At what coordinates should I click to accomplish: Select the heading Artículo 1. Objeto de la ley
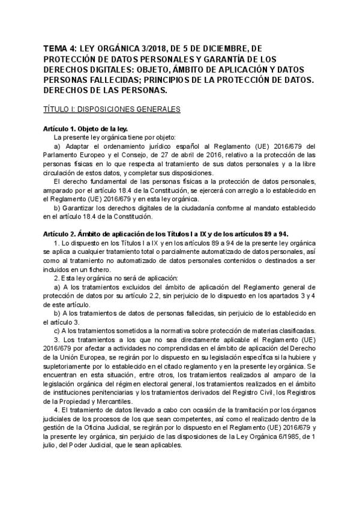(86, 128)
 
